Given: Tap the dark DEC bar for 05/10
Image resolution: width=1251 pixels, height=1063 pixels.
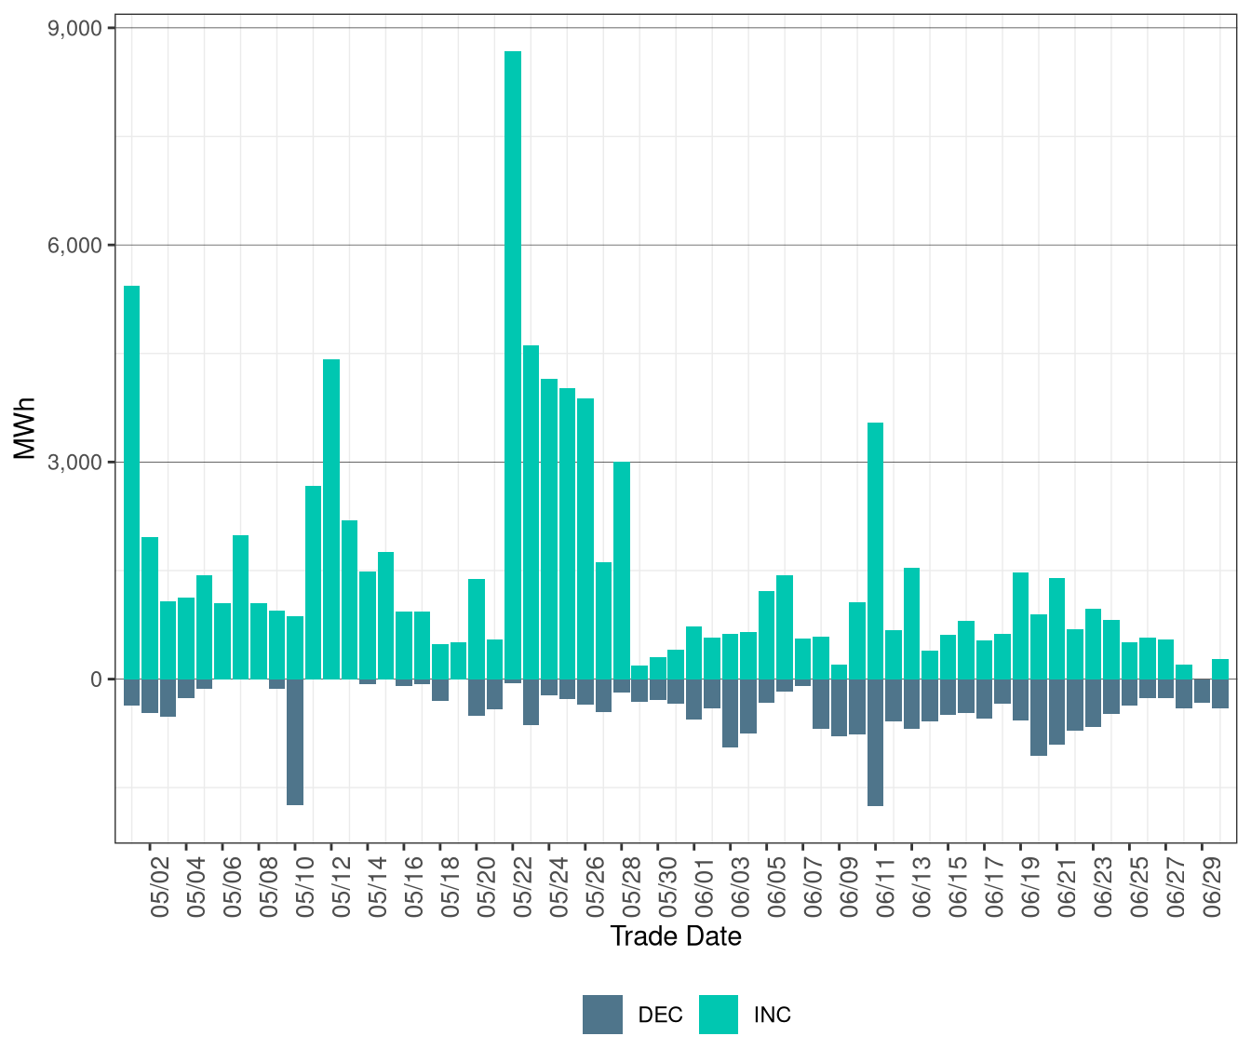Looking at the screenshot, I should (x=295, y=742).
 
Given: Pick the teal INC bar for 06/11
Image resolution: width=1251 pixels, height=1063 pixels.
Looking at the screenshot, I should (x=875, y=550).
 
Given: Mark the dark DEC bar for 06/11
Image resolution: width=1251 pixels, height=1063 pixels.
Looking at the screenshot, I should (x=875, y=742).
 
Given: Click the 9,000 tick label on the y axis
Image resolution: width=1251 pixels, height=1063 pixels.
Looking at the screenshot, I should (x=74, y=28).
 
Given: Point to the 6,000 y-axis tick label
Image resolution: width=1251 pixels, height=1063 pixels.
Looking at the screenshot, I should (x=74, y=245).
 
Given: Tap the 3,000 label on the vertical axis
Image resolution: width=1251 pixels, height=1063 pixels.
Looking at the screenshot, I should (x=74, y=463).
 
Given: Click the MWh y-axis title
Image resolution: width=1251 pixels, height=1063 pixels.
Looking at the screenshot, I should (x=25, y=429).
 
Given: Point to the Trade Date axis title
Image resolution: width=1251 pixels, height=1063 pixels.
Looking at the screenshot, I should (x=676, y=936).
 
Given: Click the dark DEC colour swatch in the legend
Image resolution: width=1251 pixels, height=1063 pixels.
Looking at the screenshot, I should (x=602, y=1015).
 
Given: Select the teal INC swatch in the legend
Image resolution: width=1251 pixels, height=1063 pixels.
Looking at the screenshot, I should (x=718, y=1015).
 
